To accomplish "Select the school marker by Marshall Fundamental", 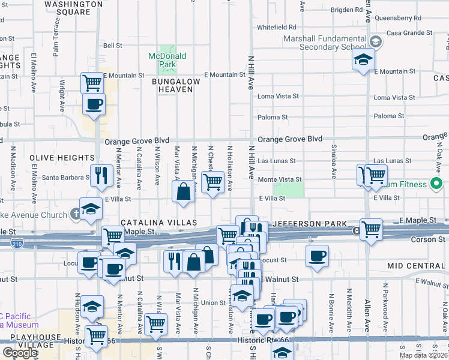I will pyautogui.click(x=363, y=59).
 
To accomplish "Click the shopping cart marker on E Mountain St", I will pyautogui.click(x=92, y=82).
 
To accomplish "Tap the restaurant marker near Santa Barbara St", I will pyautogui.click(x=101, y=175).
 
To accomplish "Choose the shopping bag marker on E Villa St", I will pyautogui.click(x=184, y=191).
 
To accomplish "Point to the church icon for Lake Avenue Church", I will pyautogui.click(x=75, y=214).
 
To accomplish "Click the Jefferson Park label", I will pyautogui.click(x=310, y=223).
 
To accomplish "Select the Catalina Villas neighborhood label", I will pyautogui.click(x=159, y=223).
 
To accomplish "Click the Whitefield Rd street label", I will pyautogui.click(x=277, y=28).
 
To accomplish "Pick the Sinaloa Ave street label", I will pyautogui.click(x=334, y=161).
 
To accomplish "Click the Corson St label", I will pyautogui.click(x=428, y=239).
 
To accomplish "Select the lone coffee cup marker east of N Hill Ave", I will pyautogui.click(x=317, y=255).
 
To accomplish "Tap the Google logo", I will pyautogui.click(x=19, y=353).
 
